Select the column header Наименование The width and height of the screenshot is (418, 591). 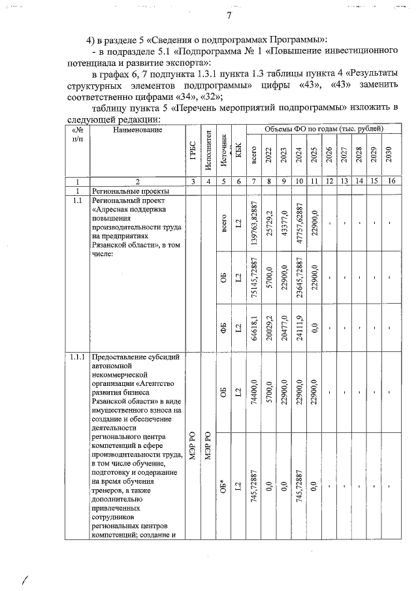click(137, 131)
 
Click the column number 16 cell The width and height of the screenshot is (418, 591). click(389, 181)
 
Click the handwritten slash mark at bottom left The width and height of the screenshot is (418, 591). click(26, 579)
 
